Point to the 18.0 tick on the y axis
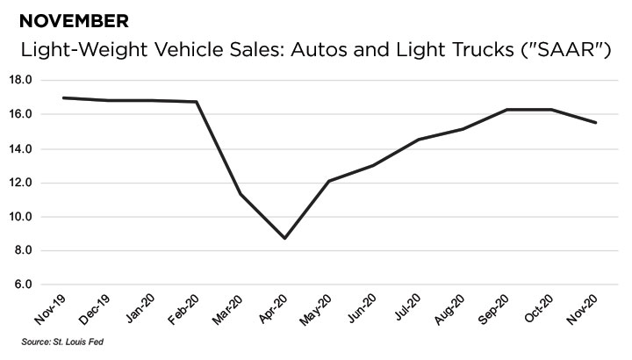(20, 81)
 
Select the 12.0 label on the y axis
(20, 183)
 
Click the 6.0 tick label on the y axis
(23, 285)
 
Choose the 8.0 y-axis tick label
(23, 251)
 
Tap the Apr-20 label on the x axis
(272, 309)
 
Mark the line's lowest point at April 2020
(285, 238)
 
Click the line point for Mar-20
(241, 194)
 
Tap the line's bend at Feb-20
(197, 102)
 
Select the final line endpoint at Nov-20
(597, 123)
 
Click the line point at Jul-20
(419, 140)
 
